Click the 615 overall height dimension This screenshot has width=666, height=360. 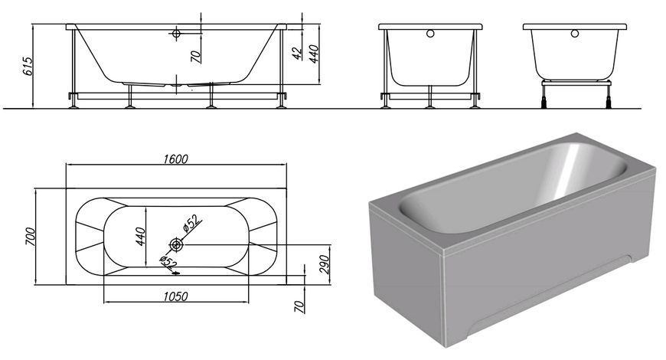(28, 67)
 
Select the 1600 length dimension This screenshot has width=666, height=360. (176, 159)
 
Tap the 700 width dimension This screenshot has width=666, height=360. (31, 237)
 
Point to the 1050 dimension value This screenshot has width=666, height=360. (176, 296)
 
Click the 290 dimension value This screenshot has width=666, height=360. (324, 264)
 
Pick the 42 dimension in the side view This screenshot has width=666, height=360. (298, 53)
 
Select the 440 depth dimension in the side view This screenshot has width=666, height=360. (314, 54)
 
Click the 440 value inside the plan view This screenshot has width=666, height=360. (141, 237)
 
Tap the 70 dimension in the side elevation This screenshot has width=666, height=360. (196, 57)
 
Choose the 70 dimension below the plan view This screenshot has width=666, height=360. (299, 306)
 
